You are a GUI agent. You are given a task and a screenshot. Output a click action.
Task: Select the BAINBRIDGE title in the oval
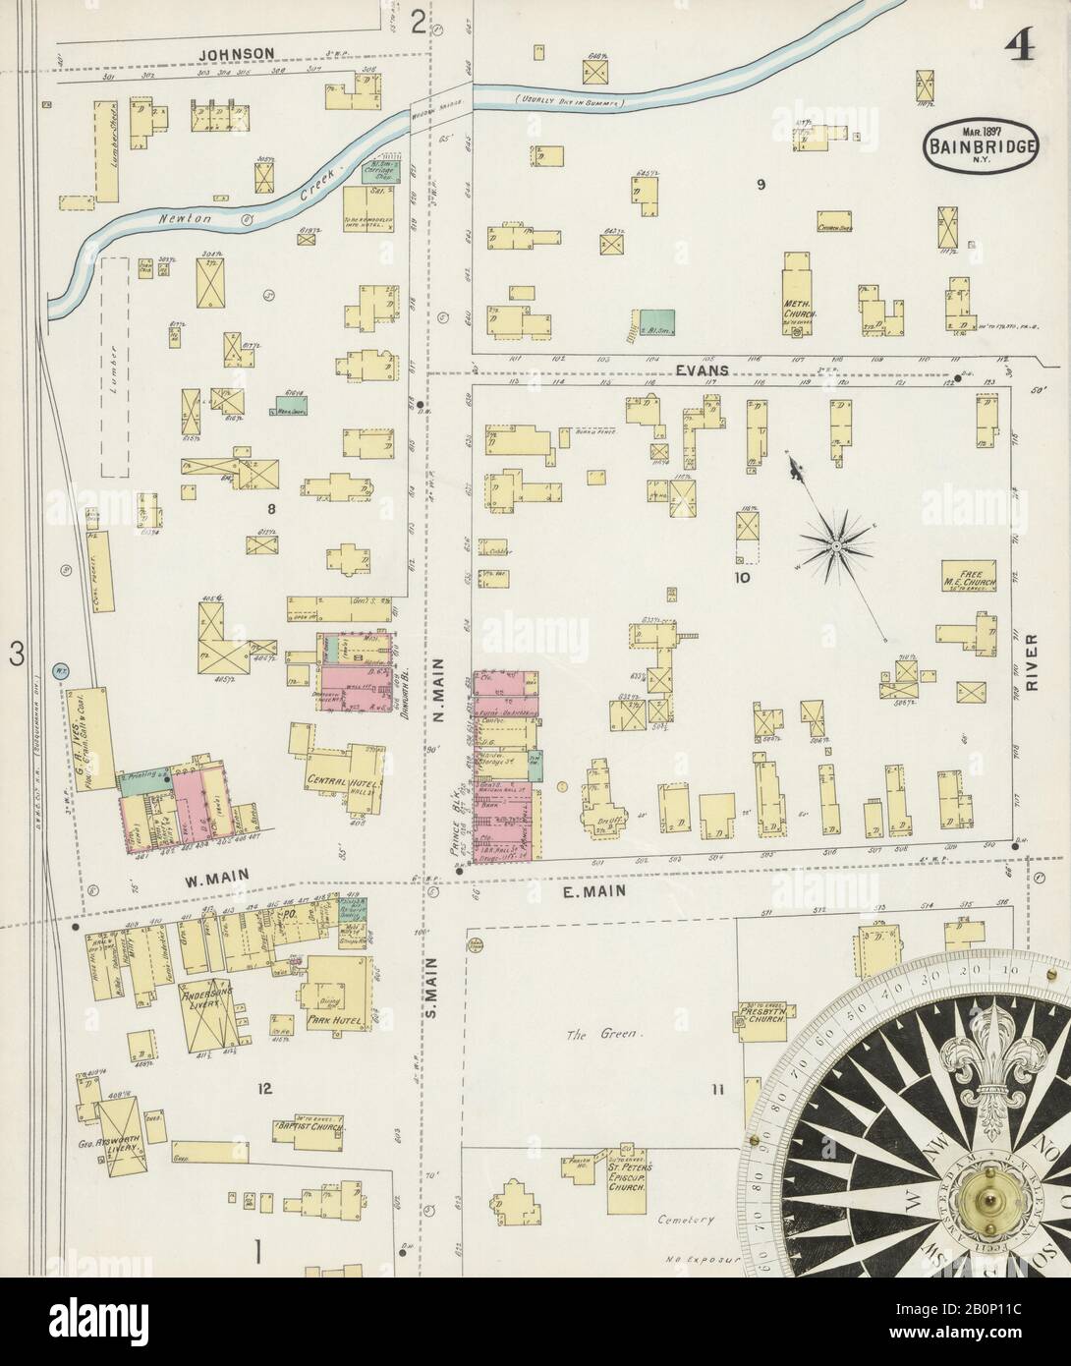pyautogui.click(x=983, y=147)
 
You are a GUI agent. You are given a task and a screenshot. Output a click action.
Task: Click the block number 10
pyautogui.click(x=740, y=578)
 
